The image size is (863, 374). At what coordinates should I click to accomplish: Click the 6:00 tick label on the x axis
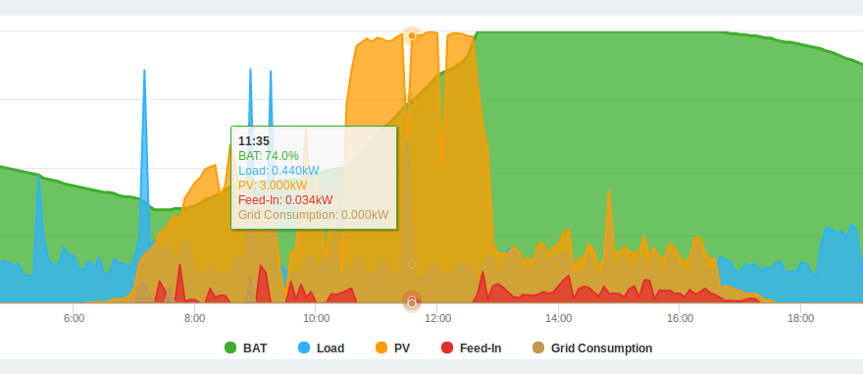click(74, 318)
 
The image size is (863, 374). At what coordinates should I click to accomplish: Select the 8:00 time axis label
click(195, 318)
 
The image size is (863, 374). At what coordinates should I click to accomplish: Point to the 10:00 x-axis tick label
click(316, 318)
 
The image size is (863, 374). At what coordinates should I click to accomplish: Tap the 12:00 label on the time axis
click(437, 318)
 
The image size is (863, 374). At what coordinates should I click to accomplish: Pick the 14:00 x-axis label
click(558, 318)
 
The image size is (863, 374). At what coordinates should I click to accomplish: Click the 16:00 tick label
click(680, 318)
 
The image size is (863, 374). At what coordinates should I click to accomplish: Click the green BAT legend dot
click(230, 348)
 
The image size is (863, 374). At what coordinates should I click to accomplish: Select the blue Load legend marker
click(304, 348)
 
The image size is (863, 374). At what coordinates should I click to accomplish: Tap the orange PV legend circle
click(381, 348)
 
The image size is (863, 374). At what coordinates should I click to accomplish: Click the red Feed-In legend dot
click(447, 348)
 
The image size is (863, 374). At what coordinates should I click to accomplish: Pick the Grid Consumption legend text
click(601, 348)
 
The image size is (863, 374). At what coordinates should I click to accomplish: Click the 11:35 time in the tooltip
click(254, 141)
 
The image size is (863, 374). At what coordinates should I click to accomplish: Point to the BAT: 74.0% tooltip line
click(269, 156)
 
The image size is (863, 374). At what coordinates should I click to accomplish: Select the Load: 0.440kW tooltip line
click(279, 171)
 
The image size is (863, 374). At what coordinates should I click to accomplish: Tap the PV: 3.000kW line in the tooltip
click(273, 186)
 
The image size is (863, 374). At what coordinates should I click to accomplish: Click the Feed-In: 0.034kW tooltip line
click(285, 200)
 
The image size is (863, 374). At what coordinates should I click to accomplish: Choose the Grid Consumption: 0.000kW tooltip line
click(314, 215)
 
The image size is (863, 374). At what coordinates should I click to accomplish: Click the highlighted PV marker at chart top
click(412, 35)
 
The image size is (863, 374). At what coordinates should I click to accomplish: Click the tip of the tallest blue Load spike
click(250, 69)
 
